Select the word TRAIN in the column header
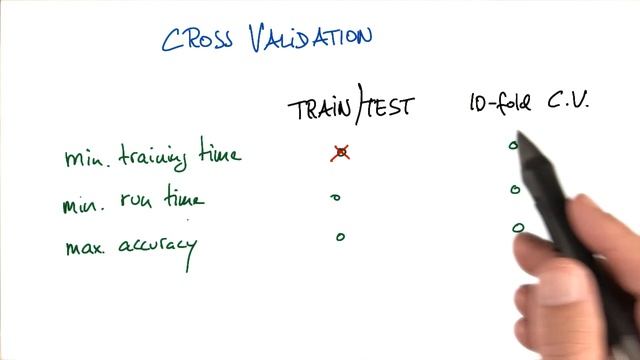[321, 108]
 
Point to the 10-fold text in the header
[499, 104]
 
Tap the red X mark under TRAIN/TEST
[341, 153]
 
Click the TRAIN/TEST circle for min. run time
[336, 198]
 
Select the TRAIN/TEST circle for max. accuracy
[340, 237]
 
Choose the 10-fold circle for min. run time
[515, 189]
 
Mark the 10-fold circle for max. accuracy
[517, 228]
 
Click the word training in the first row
[156, 158]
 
